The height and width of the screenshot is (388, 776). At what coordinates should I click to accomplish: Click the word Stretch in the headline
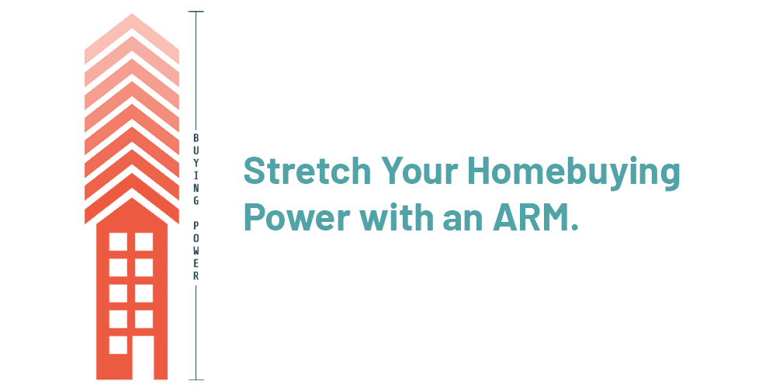click(x=307, y=170)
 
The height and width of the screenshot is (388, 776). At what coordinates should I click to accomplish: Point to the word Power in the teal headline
click(x=297, y=217)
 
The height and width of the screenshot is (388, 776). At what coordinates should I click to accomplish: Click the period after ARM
click(x=574, y=227)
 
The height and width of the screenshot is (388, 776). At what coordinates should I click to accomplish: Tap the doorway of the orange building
click(x=143, y=357)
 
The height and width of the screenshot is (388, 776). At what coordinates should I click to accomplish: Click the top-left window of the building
click(x=118, y=241)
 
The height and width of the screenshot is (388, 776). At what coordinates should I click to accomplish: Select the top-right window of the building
click(x=144, y=241)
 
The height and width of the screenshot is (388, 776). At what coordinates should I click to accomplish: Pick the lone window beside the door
click(x=118, y=345)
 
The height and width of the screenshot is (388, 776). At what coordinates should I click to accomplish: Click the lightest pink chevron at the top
click(x=132, y=37)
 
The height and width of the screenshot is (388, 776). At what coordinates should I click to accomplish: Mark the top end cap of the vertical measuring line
click(x=196, y=12)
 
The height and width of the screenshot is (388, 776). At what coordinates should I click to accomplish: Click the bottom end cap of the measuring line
click(x=196, y=379)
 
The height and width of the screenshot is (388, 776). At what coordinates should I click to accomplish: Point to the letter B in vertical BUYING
click(x=196, y=138)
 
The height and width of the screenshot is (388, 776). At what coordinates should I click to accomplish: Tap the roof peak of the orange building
click(x=132, y=199)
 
